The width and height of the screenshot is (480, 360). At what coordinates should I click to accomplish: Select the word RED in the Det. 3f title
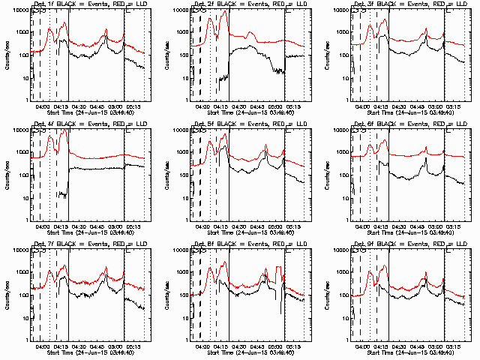tap(430, 4)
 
